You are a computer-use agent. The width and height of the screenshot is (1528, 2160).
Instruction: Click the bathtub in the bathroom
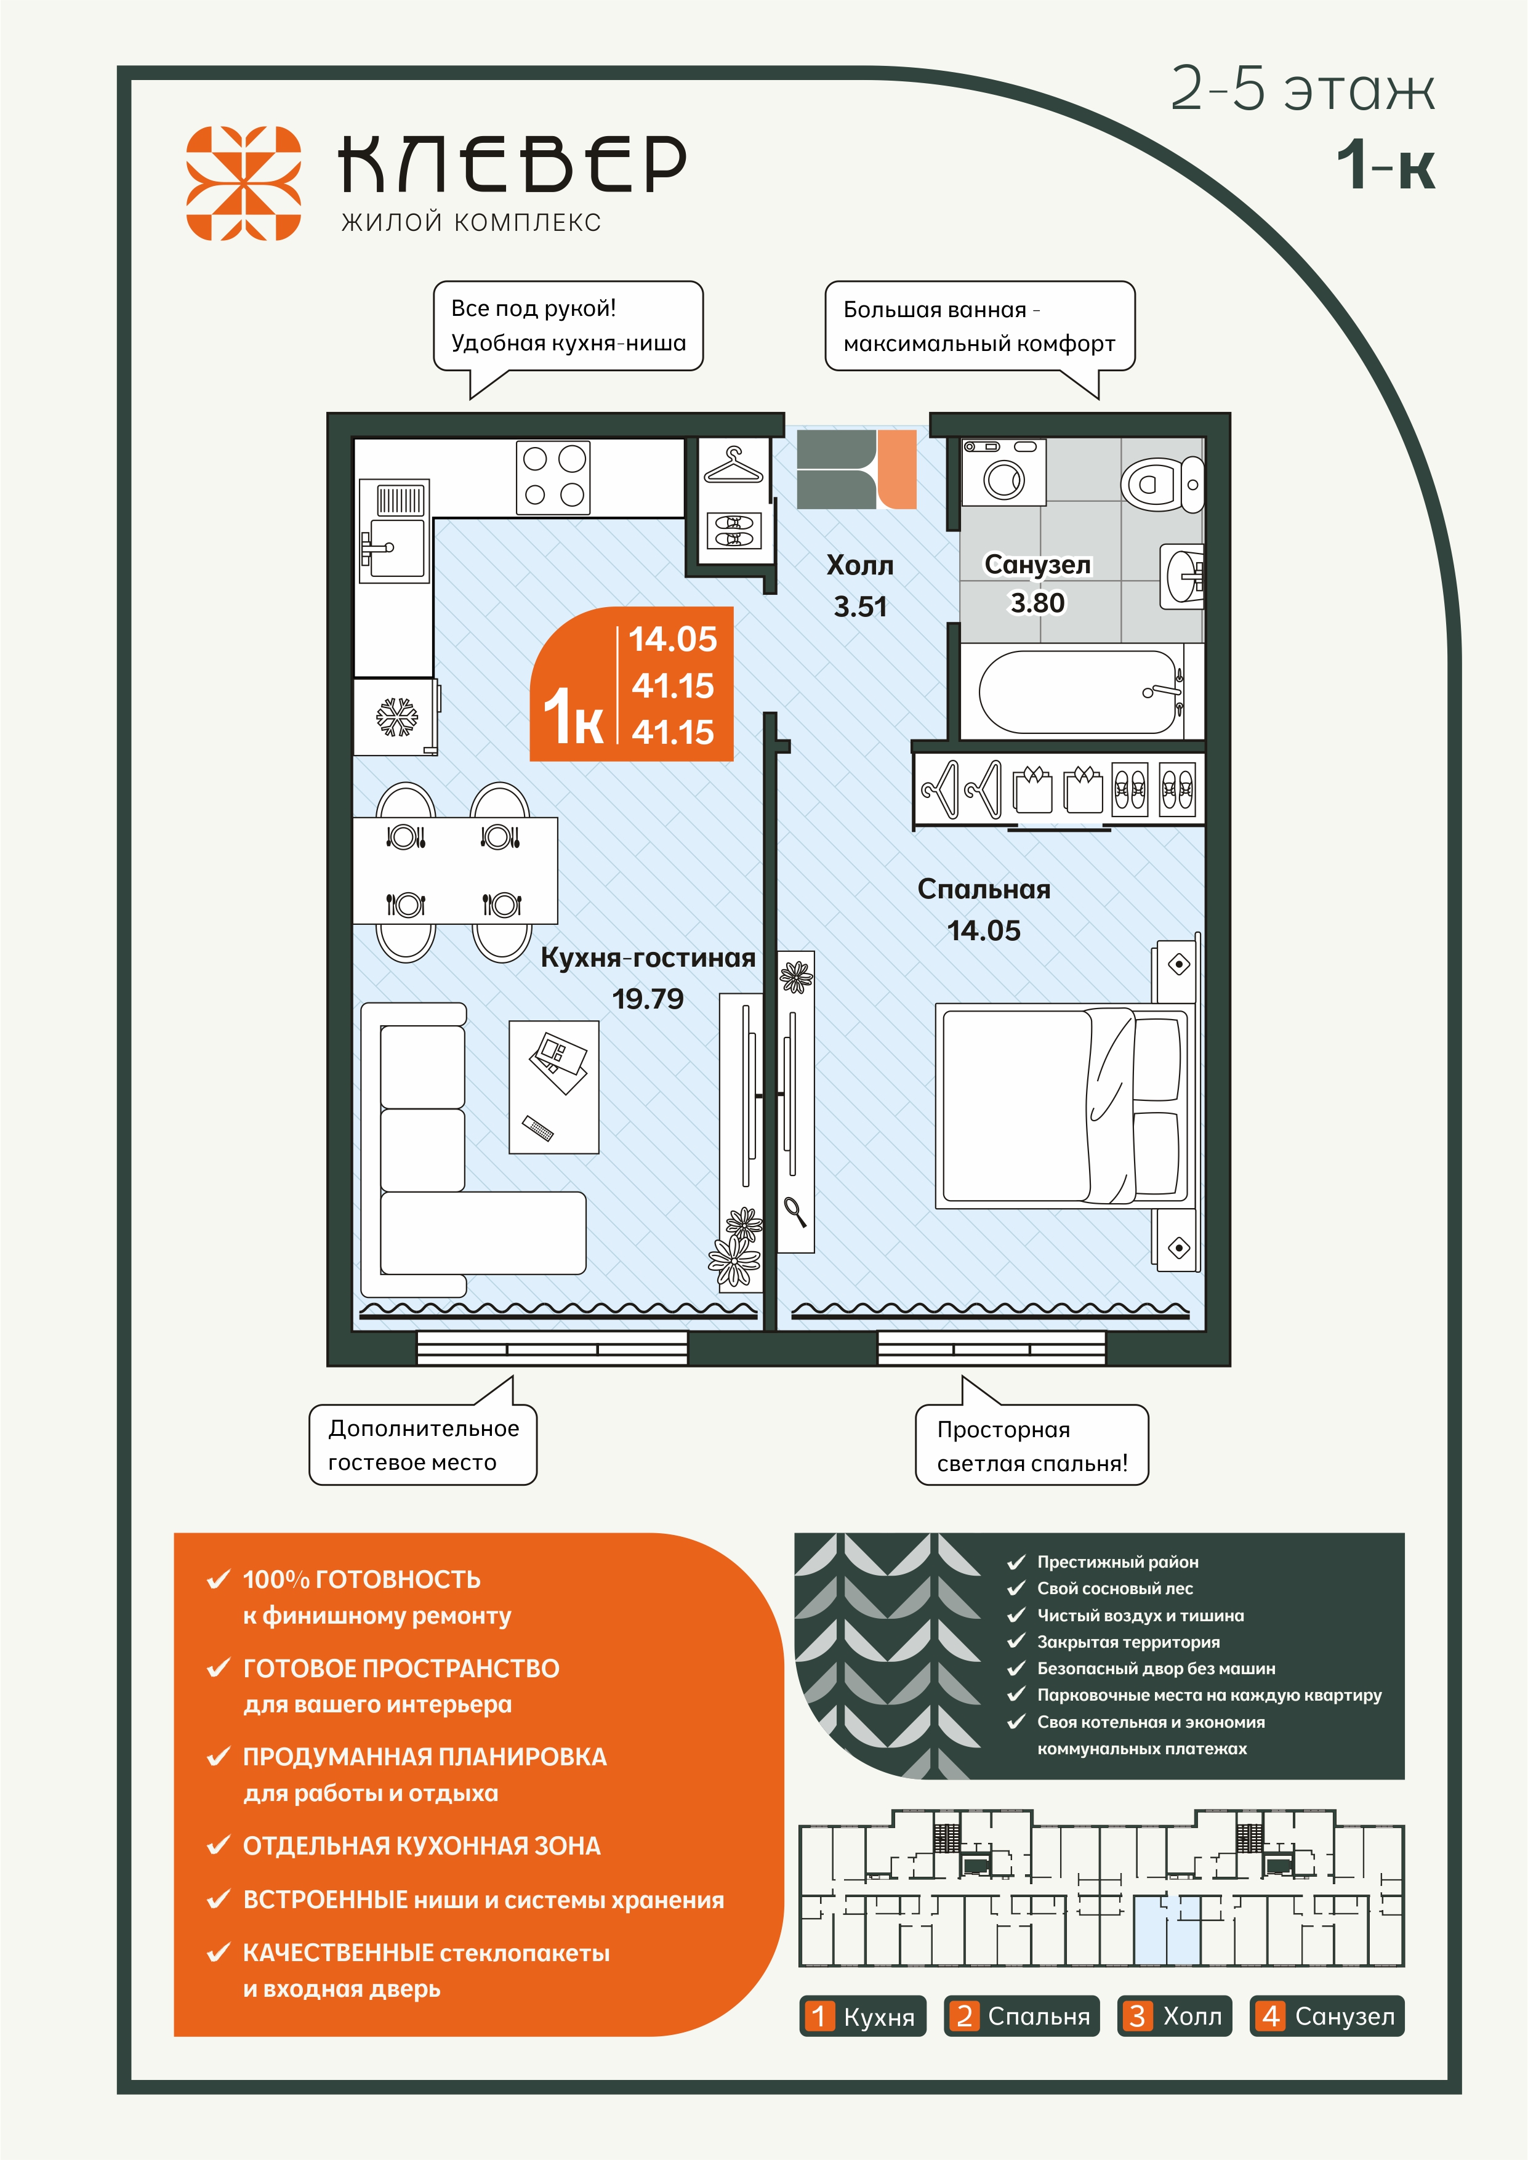point(1080,691)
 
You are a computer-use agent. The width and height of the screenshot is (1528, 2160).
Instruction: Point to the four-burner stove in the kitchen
point(553,478)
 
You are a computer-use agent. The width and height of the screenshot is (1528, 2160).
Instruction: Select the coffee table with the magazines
point(554,1087)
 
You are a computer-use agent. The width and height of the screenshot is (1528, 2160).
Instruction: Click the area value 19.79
point(648,999)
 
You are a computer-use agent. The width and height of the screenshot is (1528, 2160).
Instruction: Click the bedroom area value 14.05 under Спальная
point(983,930)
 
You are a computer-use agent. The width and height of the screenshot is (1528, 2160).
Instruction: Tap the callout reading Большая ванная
point(979,326)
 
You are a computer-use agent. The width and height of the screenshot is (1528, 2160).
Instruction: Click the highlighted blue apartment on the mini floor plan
point(1167,1930)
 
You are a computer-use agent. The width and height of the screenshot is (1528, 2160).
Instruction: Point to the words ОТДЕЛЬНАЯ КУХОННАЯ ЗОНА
point(422,1846)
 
